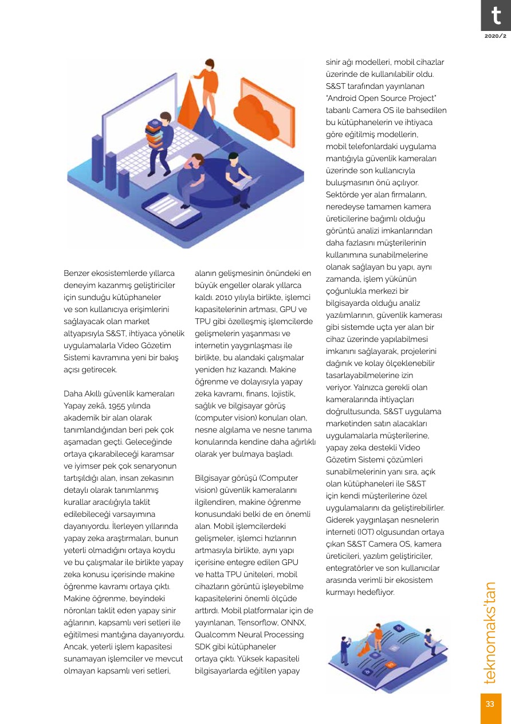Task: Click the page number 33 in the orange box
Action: [x=490, y=704]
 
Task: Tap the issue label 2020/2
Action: [x=496, y=36]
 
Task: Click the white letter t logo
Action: [x=496, y=16]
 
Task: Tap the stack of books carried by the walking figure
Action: [x=154, y=133]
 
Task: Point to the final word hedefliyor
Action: [x=375, y=592]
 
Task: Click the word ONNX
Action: [x=294, y=622]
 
